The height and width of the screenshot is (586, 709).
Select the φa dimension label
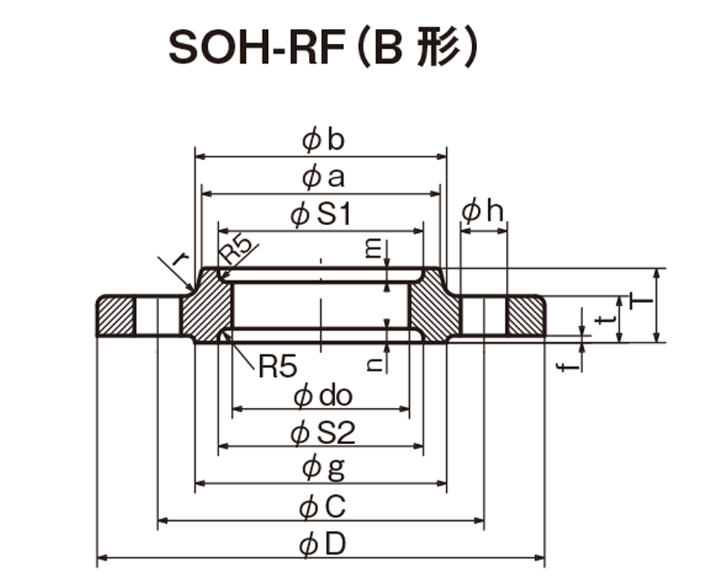tap(323, 177)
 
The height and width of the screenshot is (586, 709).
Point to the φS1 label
tap(322, 214)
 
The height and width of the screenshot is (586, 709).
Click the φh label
tap(482, 211)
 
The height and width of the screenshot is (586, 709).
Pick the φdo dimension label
tap(323, 396)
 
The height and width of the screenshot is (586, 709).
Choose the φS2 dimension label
tap(323, 433)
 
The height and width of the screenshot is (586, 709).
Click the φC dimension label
tap(323, 507)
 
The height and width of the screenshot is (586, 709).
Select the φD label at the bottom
tap(323, 544)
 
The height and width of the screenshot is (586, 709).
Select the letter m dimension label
tap(374, 249)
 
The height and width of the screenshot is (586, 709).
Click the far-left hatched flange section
tap(116, 316)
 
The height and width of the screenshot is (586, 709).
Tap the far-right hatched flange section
tap(525, 316)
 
